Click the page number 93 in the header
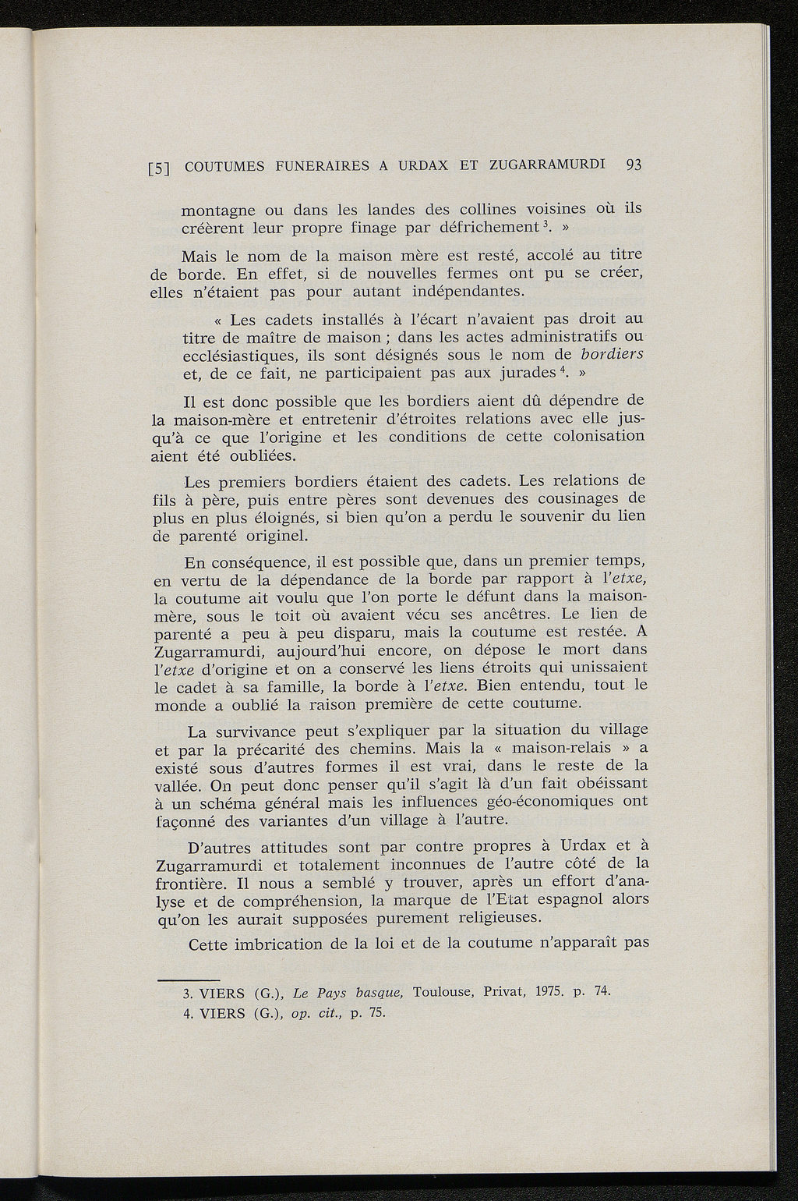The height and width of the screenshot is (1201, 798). click(x=633, y=165)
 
